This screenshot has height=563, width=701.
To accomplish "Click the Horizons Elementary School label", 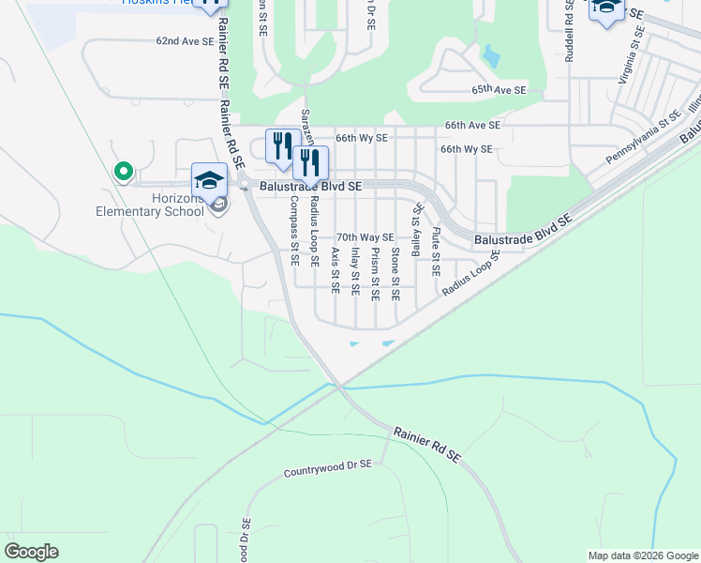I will click(x=150, y=204).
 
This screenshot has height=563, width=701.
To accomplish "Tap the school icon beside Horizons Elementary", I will click(x=209, y=179).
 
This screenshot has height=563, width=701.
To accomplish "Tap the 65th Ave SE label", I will click(x=500, y=90).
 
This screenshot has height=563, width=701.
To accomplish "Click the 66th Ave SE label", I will click(x=473, y=125).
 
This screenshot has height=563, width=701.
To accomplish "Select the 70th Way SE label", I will click(x=365, y=238).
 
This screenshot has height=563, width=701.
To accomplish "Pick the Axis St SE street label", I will click(x=335, y=271).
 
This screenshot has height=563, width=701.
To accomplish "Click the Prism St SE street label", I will click(x=375, y=274).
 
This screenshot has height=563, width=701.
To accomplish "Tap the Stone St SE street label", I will click(x=395, y=274).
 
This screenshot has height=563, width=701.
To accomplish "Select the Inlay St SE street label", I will click(x=355, y=271).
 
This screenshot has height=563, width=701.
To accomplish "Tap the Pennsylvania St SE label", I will click(x=642, y=138).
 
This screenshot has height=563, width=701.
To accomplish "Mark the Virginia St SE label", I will click(x=630, y=57).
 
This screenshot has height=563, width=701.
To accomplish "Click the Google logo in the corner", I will click(x=31, y=552).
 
